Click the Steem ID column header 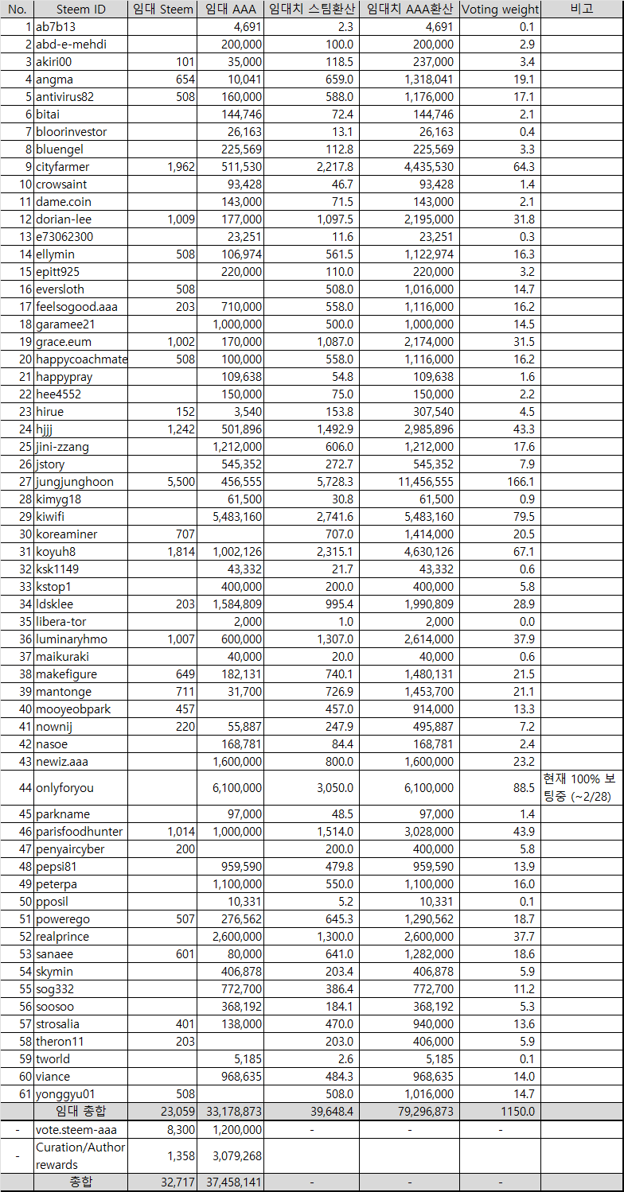click(x=80, y=10)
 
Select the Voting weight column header click(x=500, y=10)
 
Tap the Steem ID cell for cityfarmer click(x=63, y=167)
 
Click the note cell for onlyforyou click(x=582, y=787)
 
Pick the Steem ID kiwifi click(x=50, y=517)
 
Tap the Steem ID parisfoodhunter click(x=79, y=832)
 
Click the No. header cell click(x=17, y=10)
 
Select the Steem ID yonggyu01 click(x=66, y=1094)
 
